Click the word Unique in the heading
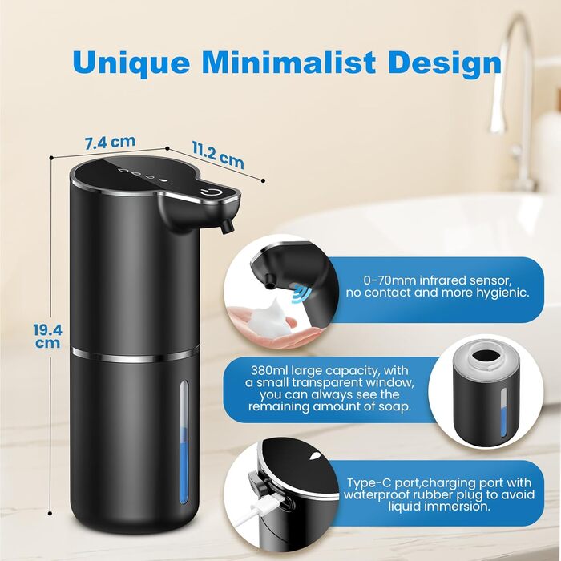[x=131, y=63]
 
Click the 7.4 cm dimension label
[x=111, y=142]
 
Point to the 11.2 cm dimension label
[x=218, y=155]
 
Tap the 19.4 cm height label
[x=47, y=336]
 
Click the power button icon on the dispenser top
[x=208, y=194]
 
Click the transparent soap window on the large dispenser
[x=184, y=442]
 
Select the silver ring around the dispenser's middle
[x=135, y=354]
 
